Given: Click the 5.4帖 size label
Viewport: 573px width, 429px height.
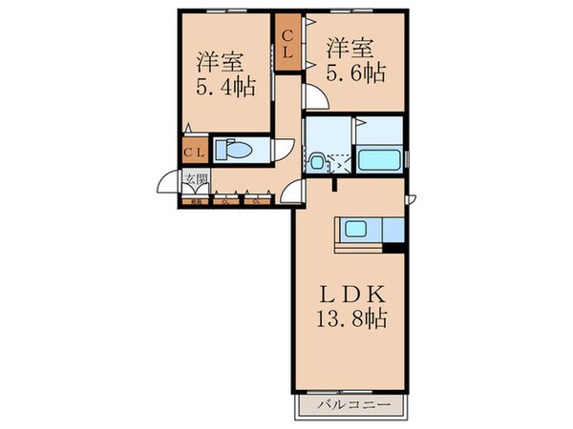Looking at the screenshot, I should (225, 89).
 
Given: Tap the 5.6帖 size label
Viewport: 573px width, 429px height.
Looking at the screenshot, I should (356, 72).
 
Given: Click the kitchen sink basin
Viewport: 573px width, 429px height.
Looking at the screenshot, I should (355, 230).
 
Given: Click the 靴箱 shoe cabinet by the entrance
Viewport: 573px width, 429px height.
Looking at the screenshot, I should (195, 200).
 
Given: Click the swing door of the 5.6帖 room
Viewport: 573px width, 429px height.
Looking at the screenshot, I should (316, 95).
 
